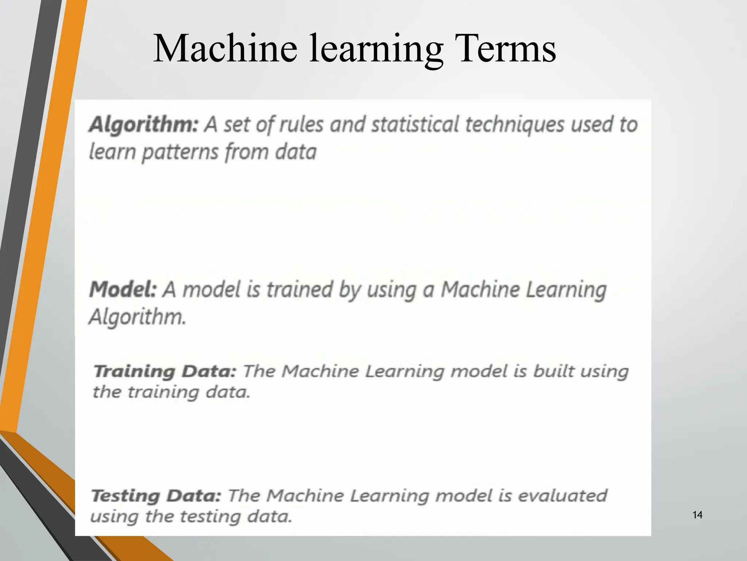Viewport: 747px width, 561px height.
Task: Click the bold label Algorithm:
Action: coord(144,125)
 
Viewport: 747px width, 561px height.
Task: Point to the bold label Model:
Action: coord(123,290)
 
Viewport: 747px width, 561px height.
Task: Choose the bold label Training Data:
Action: coord(165,371)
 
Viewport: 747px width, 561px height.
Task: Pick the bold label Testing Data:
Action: coord(156,496)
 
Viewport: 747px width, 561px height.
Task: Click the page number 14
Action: coord(697,515)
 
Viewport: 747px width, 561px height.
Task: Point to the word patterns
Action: coord(180,152)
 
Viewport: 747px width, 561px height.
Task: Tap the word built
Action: coord(553,371)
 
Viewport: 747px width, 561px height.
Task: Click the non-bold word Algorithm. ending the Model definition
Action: coord(138,317)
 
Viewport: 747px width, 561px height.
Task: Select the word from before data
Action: coord(247,152)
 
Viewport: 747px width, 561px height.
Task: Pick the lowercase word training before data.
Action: coord(163,393)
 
